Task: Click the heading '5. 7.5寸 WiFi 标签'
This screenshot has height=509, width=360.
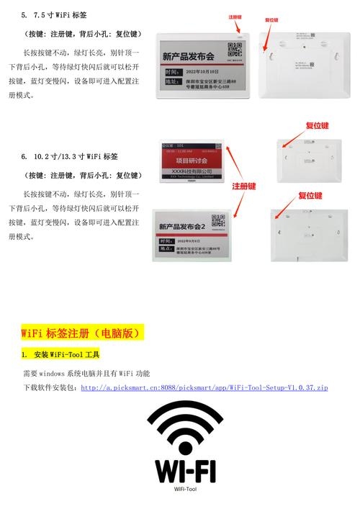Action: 60,15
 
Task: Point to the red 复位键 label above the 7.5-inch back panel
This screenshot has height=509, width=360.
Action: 271,20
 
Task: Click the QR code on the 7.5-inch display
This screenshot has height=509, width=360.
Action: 234,50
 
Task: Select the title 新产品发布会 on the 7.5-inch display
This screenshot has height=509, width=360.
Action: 189,56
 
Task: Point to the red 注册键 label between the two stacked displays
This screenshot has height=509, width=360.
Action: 244,186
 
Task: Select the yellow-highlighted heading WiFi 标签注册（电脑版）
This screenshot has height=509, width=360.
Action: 82,333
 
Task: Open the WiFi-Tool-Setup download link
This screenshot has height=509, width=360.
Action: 204,387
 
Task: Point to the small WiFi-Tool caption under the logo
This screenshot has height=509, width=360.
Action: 185,488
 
